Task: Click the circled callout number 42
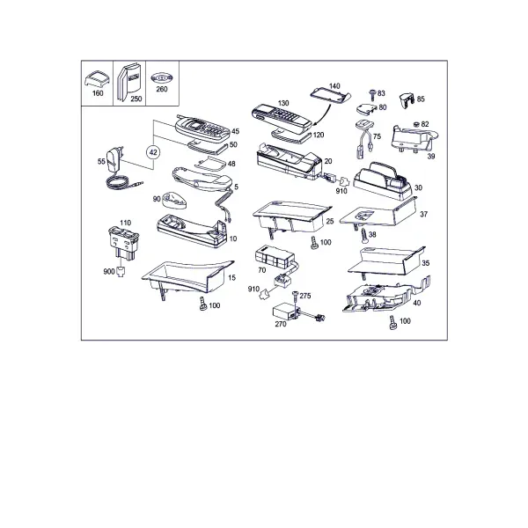coord(153,152)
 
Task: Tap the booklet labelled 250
coord(128,82)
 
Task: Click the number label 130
coord(283,103)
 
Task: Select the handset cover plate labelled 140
coord(330,96)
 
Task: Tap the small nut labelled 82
coord(416,124)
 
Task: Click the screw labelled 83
coord(373,95)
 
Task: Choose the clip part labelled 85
coord(407,100)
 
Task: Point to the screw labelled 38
coord(365,236)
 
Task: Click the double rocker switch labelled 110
coord(123,243)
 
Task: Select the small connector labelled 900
coord(121,271)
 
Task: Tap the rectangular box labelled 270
coord(284,312)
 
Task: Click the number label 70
coord(261,270)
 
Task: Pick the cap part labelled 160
coord(97,79)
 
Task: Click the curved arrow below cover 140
coord(322,115)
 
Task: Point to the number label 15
coord(231,278)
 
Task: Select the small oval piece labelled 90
coord(175,200)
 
